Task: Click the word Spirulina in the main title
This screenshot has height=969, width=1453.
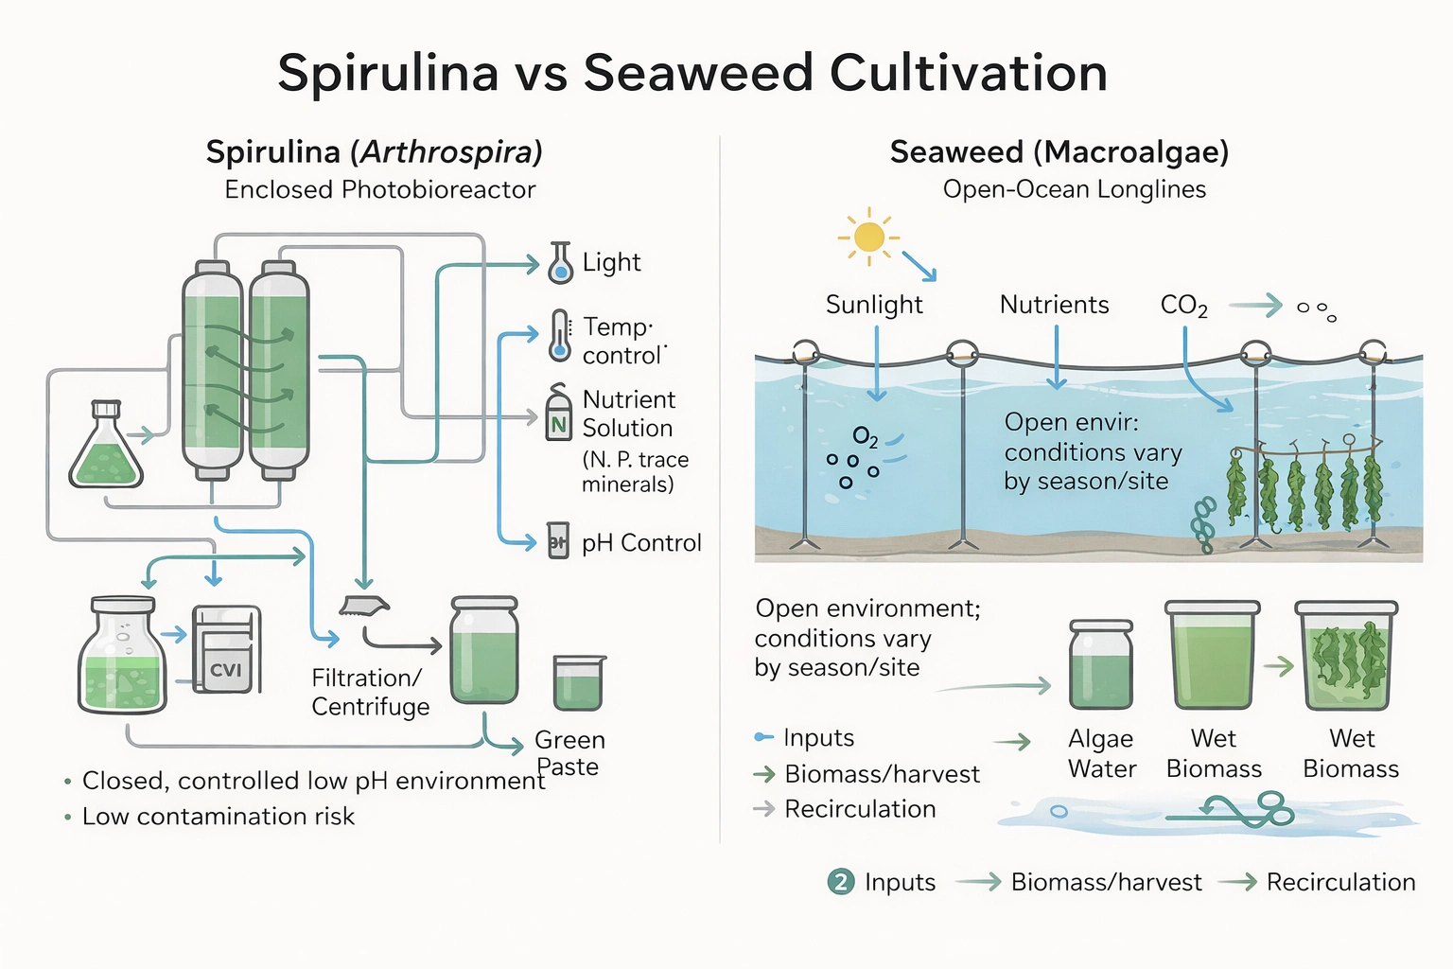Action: pyautogui.click(x=388, y=73)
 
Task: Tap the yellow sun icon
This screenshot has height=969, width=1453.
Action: pyautogui.click(x=868, y=237)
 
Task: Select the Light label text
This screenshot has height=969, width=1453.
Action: pyautogui.click(x=611, y=262)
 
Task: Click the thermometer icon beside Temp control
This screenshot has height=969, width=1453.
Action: pyautogui.click(x=560, y=336)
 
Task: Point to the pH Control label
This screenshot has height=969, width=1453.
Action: pyautogui.click(x=640, y=543)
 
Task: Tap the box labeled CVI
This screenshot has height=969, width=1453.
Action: pyautogui.click(x=225, y=650)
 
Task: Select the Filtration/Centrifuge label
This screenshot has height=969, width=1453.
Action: pyautogui.click(x=370, y=693)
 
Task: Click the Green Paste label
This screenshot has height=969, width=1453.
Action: pyautogui.click(x=569, y=753)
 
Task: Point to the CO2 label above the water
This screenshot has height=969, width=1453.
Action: pyautogui.click(x=1183, y=306)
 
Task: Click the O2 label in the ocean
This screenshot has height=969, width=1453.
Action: pyautogui.click(x=865, y=436)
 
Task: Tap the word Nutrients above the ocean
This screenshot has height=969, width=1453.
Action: pyautogui.click(x=1054, y=305)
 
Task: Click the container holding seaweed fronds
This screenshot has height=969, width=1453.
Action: pyautogui.click(x=1345, y=656)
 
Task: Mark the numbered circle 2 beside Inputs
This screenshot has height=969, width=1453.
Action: pyautogui.click(x=840, y=882)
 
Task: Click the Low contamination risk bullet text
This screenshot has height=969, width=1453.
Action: pyautogui.click(x=218, y=817)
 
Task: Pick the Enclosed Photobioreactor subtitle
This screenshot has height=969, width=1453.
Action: pyautogui.click(x=379, y=190)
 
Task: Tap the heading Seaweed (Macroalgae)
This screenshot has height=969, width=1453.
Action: pyautogui.click(x=1059, y=152)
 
